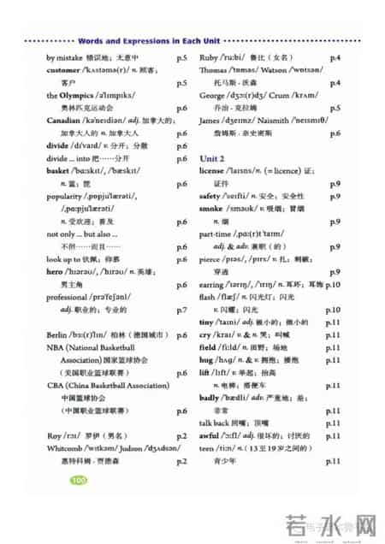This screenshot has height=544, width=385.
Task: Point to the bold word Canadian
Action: pyautogui.click(x=64, y=121)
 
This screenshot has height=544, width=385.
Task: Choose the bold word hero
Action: pyautogui.click(x=55, y=271)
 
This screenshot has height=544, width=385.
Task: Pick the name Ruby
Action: pyautogui.click(x=210, y=57)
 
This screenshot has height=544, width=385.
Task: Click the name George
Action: pyautogui.click(x=213, y=96)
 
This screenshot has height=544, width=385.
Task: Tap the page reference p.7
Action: pyautogui.click(x=181, y=310)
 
